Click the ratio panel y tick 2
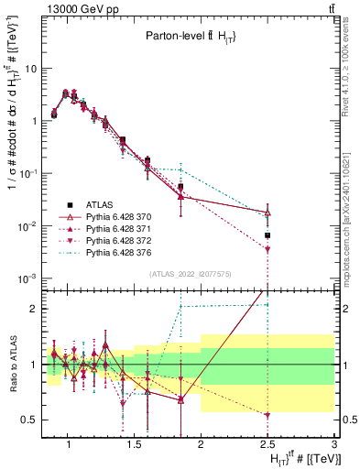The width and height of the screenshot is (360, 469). (33, 309)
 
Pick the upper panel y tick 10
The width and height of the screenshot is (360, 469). (30, 68)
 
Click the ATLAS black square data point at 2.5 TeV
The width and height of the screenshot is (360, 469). (267, 235)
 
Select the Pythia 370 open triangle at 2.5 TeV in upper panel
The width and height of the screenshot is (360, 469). (267, 213)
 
